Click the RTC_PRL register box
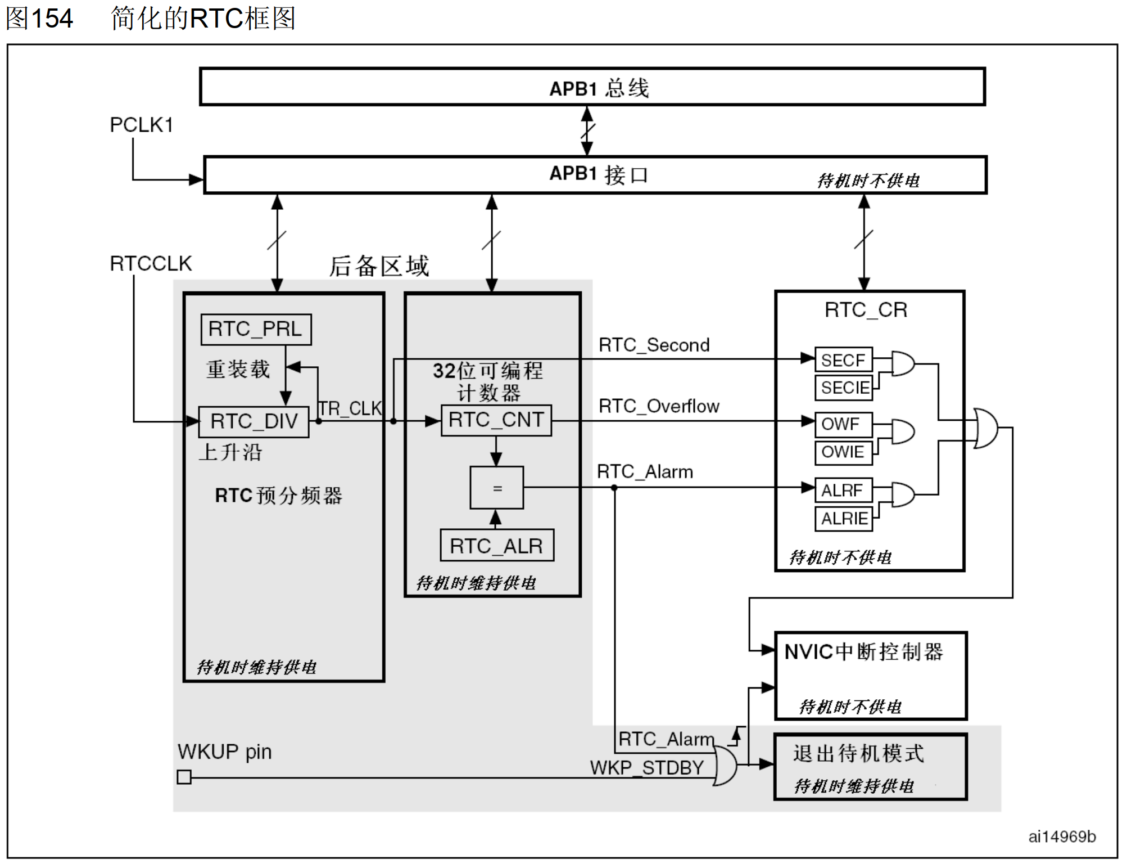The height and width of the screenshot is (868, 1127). (x=256, y=330)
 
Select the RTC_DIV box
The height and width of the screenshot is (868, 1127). (x=254, y=421)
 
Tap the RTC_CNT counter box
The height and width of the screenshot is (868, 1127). (x=496, y=420)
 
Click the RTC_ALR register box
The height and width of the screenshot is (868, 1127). (x=496, y=546)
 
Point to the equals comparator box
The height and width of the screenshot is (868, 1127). (x=497, y=488)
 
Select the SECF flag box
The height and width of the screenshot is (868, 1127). (x=843, y=360)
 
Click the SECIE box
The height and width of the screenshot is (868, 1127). (x=843, y=388)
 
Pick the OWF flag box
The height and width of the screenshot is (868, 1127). (x=843, y=424)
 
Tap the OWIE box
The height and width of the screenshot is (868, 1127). (x=843, y=452)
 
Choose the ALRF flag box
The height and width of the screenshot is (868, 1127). (x=843, y=491)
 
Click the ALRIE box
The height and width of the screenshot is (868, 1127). (x=843, y=519)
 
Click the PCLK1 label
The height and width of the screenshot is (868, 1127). (x=141, y=125)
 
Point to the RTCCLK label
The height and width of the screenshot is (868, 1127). (x=151, y=264)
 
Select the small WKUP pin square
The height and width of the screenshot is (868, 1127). (x=184, y=777)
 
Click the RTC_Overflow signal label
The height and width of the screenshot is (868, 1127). (x=658, y=406)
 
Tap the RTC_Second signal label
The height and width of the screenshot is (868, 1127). (x=654, y=345)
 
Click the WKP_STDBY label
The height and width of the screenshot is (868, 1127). (x=646, y=768)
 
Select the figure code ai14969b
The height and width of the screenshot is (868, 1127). (x=1061, y=837)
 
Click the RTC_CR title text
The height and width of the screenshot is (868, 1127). (x=866, y=310)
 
